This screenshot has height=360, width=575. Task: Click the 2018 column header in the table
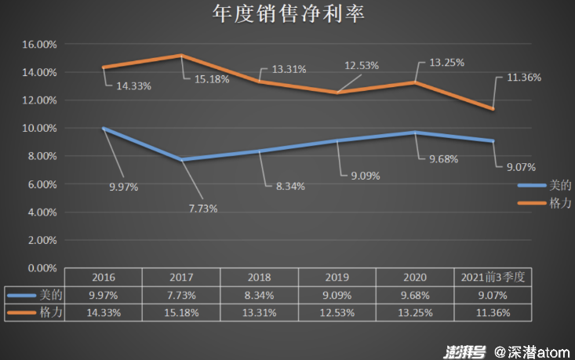260,277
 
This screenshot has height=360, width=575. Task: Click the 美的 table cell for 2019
338,295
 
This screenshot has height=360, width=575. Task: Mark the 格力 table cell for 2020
416,312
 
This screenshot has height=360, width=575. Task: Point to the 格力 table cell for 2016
104,312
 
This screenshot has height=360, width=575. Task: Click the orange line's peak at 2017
181,56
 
